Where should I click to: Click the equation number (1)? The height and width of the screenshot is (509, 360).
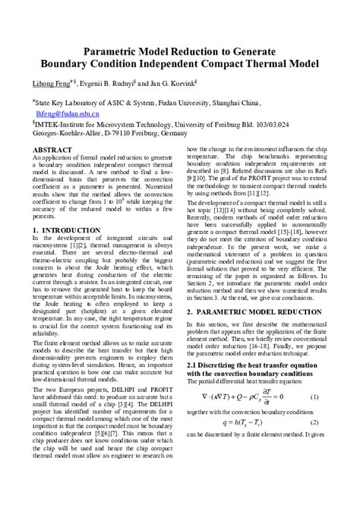314,419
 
